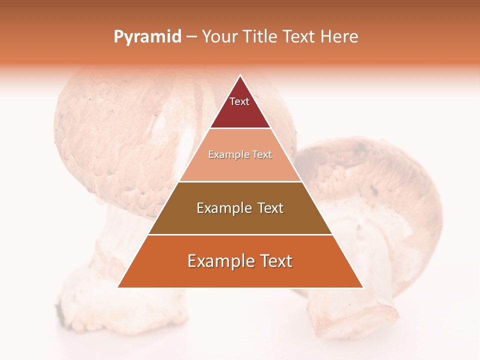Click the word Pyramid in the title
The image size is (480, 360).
coord(147,37)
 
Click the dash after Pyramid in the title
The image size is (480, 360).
coord(191,37)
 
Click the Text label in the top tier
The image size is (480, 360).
coord(239,101)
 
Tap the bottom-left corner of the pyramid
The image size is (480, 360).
coord(119,286)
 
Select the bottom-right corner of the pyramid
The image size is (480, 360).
coord(362,286)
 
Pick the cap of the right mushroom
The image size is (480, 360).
coord(380,175)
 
